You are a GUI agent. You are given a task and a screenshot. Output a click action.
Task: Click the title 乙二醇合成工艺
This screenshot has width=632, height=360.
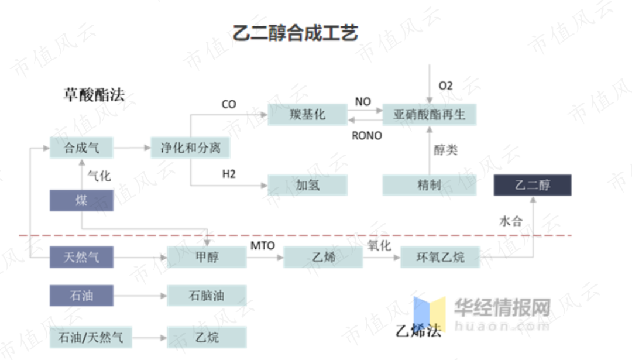(x=295, y=32)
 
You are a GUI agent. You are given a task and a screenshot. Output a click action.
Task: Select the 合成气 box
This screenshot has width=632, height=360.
(x=81, y=148)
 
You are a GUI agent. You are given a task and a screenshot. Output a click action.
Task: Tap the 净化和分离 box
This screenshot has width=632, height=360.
(x=190, y=148)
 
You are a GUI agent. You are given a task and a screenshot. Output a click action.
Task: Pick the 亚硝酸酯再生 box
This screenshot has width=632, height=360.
(x=429, y=115)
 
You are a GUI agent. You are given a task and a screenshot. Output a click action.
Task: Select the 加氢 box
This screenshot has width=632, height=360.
(x=307, y=185)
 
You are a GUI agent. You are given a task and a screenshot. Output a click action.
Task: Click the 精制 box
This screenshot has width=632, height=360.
(x=429, y=185)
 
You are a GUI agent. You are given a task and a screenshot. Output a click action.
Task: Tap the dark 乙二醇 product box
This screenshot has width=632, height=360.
(x=533, y=185)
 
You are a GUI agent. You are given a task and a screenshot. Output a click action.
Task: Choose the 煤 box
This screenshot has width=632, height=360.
(x=81, y=201)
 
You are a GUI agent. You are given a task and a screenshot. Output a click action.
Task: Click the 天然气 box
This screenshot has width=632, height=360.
(x=81, y=256)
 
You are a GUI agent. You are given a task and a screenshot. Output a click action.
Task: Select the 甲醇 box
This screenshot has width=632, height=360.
(x=207, y=256)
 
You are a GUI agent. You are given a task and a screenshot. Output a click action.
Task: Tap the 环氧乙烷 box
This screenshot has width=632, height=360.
(x=440, y=256)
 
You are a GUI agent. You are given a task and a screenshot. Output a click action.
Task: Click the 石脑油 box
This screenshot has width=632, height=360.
(x=207, y=296)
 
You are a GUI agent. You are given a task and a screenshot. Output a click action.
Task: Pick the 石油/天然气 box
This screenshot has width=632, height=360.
(x=90, y=337)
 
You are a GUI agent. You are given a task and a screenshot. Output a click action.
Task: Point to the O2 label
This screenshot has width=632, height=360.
(x=446, y=86)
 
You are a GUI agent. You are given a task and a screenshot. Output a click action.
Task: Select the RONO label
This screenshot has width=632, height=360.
(x=367, y=136)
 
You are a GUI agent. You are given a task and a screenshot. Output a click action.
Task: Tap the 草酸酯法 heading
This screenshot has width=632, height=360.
(x=94, y=95)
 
